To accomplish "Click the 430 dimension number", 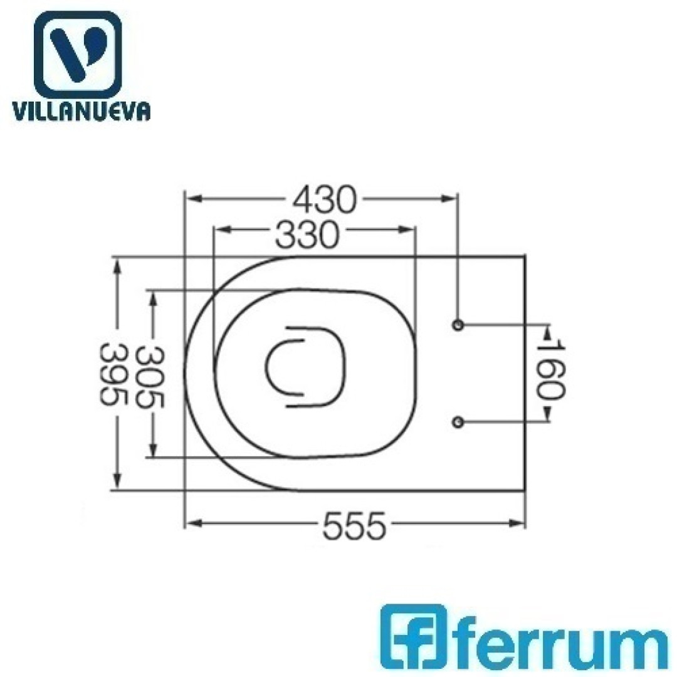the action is [x=325, y=199].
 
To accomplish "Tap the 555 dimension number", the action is [x=354, y=526].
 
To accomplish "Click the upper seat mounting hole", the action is [x=458, y=325].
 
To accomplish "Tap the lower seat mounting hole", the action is [x=458, y=422].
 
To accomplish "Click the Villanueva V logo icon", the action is [x=78, y=54].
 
